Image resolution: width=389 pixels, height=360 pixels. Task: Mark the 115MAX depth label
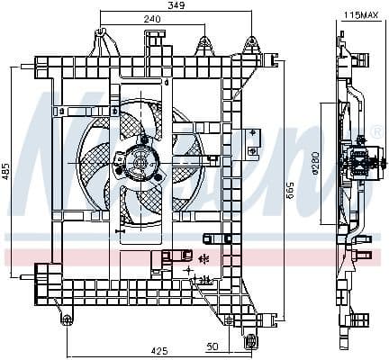pyautogui.click(x=360, y=14)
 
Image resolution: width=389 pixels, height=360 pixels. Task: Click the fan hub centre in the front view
pyautogui.click(x=139, y=162)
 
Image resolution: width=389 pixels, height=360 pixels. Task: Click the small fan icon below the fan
pyautogui.click(x=204, y=258)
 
